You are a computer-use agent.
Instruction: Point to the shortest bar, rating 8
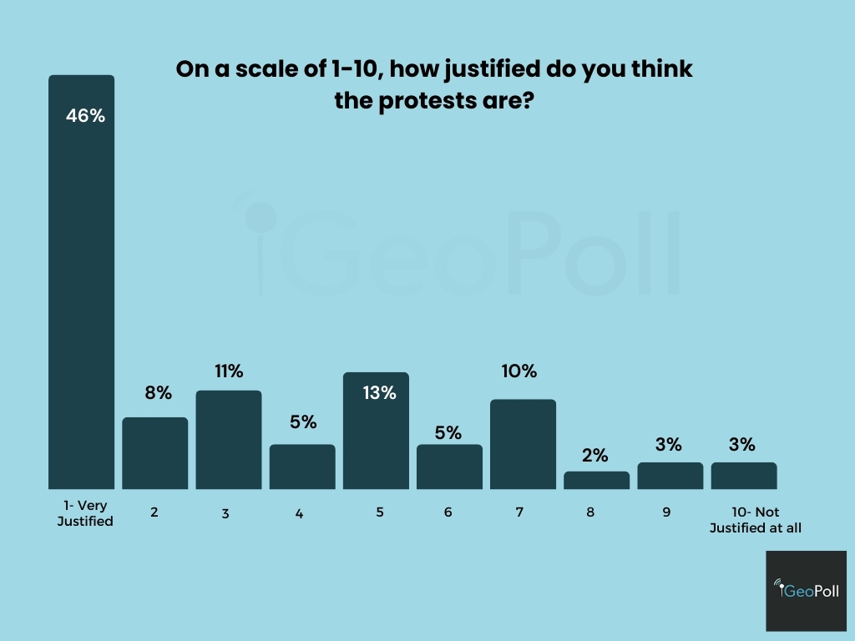coord(596,481)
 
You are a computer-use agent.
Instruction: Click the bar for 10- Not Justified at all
coord(744,476)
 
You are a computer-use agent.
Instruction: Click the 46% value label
coord(85,116)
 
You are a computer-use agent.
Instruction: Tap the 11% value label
coord(229,371)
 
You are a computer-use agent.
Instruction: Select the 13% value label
coord(379,392)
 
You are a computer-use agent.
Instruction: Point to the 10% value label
coord(519,371)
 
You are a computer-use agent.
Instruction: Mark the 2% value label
coord(595,456)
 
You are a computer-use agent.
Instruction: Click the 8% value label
coord(157,392)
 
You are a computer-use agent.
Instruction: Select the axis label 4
coord(299,513)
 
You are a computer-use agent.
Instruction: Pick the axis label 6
coord(448,512)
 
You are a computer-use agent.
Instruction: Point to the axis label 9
coord(666,512)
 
